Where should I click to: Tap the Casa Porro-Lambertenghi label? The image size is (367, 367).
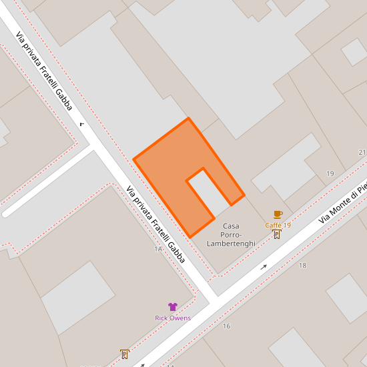coord(231,235)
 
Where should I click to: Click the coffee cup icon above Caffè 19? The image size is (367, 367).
coord(278,214)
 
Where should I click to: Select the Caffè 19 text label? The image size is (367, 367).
coord(278,225)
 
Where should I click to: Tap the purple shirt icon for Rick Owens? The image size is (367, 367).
coord(173,307)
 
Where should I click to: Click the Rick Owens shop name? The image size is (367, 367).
coord(173,318)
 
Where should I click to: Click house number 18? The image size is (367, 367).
coord(302,266)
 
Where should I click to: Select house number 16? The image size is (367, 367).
coord(226,326)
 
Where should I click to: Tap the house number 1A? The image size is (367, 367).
coord(158,249)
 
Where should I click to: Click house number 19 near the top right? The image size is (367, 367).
coord(330,173)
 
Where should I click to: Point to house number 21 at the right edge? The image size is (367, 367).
coord(362,153)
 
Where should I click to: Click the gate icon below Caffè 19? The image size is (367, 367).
coord(277,234)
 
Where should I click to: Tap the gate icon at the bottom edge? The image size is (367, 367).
coord(124,354)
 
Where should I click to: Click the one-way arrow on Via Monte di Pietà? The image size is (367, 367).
coord(264,267)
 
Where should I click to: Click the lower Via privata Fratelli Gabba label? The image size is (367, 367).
coord(155,224)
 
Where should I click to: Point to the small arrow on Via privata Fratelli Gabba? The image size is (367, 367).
coord(82,123)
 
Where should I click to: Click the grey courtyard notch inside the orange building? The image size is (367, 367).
coord(207,190)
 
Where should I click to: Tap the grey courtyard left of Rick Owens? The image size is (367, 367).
coord(78,297)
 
